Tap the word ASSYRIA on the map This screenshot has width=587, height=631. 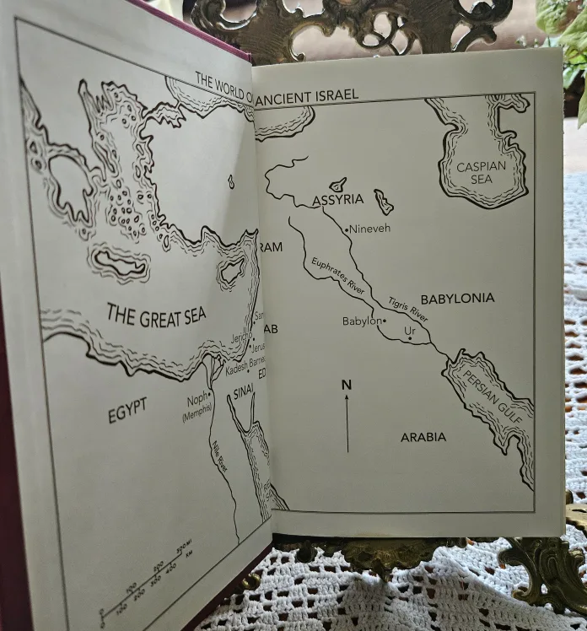pyautogui.click(x=337, y=200)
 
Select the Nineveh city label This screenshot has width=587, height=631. pyautogui.click(x=371, y=228)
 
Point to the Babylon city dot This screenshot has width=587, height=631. pyautogui.click(x=385, y=321)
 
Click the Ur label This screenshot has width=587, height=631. pyautogui.click(x=411, y=330)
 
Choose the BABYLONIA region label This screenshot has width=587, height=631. pyautogui.click(x=457, y=299)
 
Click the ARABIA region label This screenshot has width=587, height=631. pyautogui.click(x=423, y=437)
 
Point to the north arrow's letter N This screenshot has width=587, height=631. pyautogui.click(x=346, y=385)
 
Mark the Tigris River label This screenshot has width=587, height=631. pyautogui.click(x=408, y=309)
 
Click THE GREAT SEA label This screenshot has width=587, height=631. pyautogui.click(x=156, y=315)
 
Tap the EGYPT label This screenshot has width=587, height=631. pyautogui.click(x=127, y=411)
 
